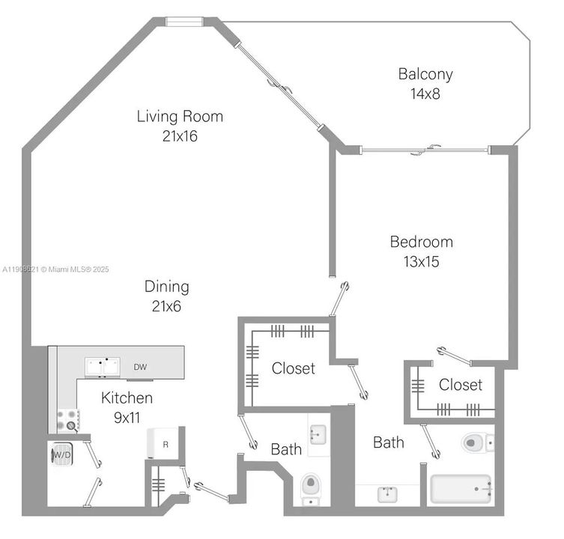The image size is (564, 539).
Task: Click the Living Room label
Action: (180, 117)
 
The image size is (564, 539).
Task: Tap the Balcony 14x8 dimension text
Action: (425, 94)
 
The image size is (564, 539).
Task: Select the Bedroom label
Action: (421, 242)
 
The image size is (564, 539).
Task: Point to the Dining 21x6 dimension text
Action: (166, 306)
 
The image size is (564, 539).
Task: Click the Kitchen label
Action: (127, 398)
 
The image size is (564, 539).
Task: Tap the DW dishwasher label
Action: (140, 367)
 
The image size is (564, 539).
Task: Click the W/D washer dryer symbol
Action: (60, 454)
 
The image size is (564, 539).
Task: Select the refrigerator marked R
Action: (165, 445)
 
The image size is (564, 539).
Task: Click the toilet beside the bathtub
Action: (476, 442)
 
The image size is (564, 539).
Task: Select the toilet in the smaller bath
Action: (310, 488)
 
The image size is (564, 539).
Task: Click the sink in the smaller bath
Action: (316, 433)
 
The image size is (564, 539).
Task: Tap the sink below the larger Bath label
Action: (388, 493)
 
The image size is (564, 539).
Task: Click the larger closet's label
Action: (293, 368)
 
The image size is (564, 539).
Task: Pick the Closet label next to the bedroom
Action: (460, 385)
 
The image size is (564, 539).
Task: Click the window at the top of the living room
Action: (184, 21)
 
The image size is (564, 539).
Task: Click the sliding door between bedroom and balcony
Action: (425, 150)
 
